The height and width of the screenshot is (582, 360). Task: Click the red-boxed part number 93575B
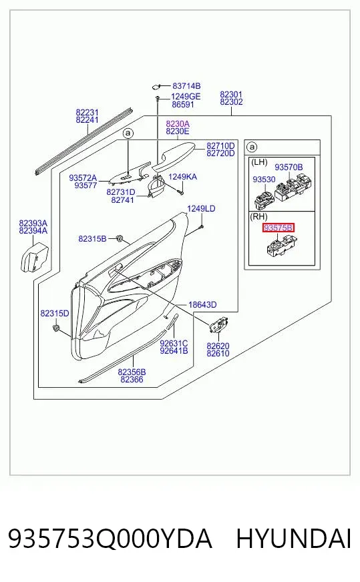278,228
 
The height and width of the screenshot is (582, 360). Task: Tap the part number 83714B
186,86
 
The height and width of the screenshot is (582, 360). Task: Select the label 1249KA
183,177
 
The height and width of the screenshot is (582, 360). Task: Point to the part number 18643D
202,305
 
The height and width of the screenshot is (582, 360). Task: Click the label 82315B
93,239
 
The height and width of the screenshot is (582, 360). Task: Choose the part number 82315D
55,314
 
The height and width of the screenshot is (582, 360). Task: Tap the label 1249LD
201,209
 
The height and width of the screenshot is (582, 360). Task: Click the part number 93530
264,180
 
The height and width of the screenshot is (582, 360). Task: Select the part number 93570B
289,168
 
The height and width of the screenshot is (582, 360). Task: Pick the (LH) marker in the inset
259,162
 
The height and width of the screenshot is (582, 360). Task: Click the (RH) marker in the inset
259,216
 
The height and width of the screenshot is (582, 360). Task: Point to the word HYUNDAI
293,539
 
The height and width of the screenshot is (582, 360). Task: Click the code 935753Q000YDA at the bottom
110,539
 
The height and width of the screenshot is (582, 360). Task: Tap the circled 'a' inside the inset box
252,148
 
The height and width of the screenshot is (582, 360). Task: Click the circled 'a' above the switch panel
128,133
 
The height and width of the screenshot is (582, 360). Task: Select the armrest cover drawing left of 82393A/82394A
33,257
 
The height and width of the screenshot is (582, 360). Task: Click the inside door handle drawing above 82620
219,326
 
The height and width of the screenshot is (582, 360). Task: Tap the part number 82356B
132,372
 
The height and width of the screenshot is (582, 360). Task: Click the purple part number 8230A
178,123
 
